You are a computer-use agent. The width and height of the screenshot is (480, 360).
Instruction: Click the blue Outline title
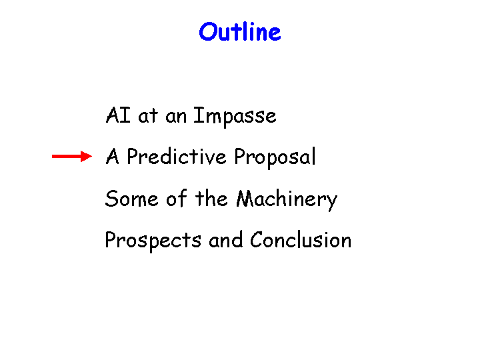point(240,31)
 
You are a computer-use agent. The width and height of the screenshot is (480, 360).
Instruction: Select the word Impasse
point(235,117)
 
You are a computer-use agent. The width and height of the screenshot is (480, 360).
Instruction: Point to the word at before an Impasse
point(148,116)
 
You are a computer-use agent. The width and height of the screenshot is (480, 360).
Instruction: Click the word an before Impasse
point(176,117)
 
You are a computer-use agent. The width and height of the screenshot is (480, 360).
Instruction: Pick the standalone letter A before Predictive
point(112,156)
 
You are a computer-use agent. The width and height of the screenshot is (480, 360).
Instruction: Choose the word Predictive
point(177,156)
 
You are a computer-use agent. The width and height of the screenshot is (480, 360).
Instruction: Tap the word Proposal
point(275,157)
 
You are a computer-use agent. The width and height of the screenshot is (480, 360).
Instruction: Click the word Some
point(131,199)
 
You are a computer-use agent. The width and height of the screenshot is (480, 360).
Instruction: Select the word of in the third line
point(176,198)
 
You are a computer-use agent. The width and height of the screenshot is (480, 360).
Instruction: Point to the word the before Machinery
point(211,198)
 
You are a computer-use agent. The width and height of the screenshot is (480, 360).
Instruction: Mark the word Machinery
point(287,199)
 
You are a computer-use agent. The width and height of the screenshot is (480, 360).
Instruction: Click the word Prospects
point(153,241)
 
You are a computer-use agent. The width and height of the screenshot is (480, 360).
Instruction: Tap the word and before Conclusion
point(225,239)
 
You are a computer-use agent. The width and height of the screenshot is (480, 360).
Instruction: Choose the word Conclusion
point(301,239)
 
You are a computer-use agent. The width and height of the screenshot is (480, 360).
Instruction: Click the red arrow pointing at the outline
point(72,156)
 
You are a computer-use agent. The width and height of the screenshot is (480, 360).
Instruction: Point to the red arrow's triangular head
point(86,156)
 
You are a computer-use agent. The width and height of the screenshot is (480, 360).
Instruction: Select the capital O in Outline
point(208,32)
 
